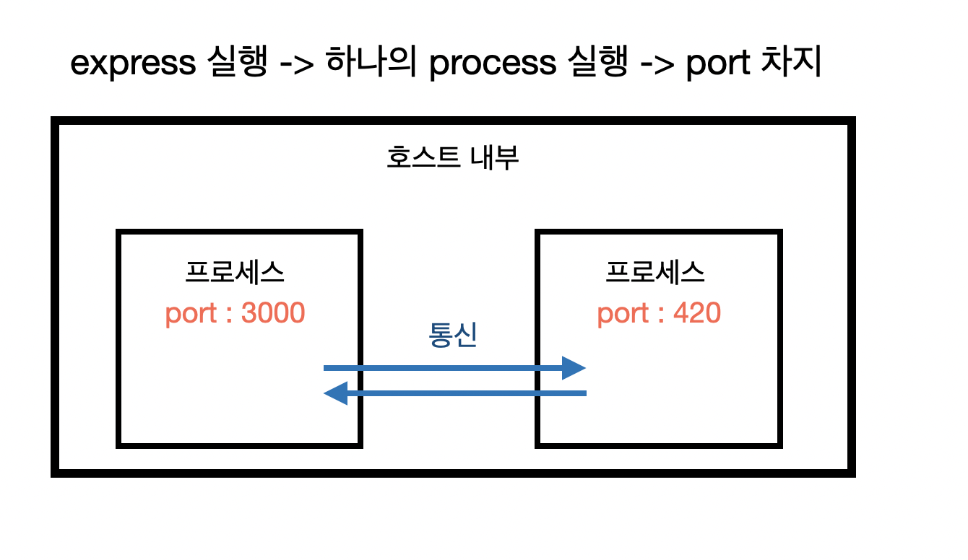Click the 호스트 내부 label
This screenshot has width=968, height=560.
point(453,158)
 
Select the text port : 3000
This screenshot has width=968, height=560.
point(235,314)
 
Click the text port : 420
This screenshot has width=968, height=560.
point(659,314)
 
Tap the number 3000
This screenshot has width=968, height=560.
point(272,314)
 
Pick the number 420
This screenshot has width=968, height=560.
point(697,314)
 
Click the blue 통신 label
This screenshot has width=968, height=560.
point(453,336)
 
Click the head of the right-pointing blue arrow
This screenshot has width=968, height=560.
point(574,368)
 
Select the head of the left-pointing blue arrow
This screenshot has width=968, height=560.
point(335,393)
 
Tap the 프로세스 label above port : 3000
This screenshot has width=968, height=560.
point(235,274)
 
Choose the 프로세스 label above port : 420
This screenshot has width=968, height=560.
point(656,274)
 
